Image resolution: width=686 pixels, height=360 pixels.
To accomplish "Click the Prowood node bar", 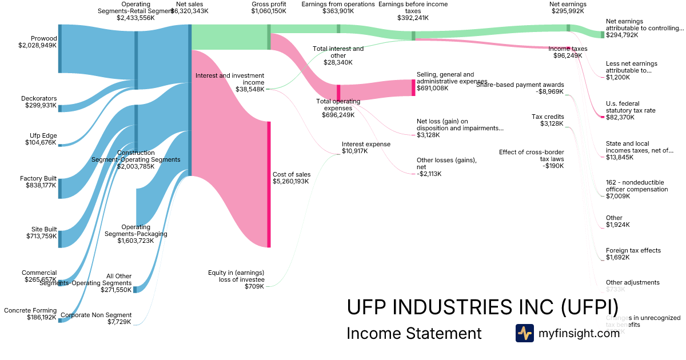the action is click(59, 49).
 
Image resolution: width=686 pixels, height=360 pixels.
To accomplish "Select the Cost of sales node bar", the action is click(269, 184).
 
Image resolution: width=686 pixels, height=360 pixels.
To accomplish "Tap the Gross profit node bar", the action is click(269, 37).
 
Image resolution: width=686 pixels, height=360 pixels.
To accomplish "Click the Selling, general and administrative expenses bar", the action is click(413, 87).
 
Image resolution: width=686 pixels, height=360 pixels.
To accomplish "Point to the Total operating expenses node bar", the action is click(338, 93).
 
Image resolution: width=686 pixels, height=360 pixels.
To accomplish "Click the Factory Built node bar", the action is click(59, 188).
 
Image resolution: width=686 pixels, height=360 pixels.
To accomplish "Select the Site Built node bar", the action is click(59, 239).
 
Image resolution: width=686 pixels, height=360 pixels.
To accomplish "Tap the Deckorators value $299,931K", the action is click(41, 106).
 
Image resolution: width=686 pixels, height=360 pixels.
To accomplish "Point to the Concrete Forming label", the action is click(30, 310).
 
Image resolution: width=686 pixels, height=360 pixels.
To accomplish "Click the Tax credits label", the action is click(548, 117).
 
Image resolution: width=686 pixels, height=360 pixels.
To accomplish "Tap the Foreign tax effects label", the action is click(633, 250).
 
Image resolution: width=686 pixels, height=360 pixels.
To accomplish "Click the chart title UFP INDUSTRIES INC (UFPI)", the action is click(482, 306).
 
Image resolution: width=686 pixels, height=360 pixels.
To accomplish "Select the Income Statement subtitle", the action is click(414, 333).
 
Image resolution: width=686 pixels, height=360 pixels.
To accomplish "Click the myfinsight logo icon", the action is click(524, 333).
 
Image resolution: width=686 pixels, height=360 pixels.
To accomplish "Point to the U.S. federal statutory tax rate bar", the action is click(602, 117).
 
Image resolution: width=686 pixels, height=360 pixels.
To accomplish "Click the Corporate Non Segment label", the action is click(96, 315).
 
